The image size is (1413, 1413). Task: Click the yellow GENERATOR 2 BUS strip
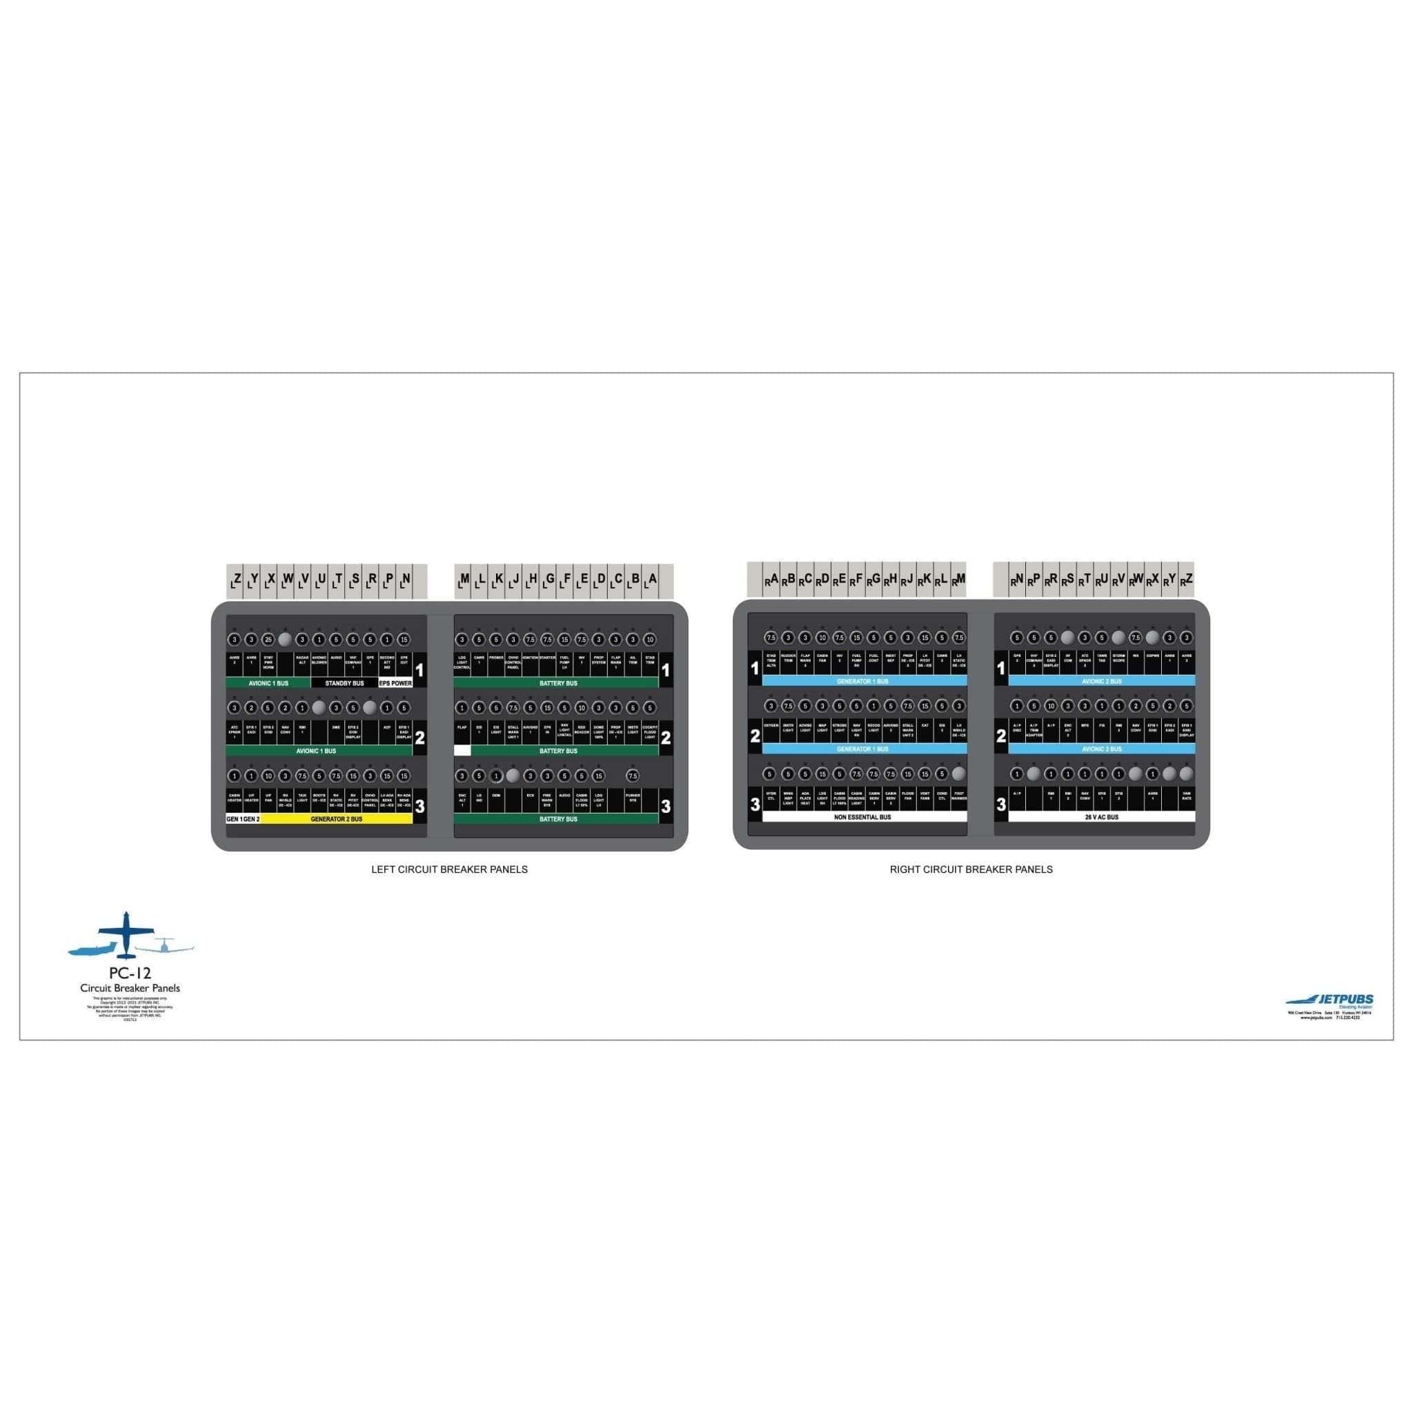[336, 819]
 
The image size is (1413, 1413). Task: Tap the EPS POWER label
[395, 683]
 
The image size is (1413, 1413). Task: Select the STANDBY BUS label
[344, 683]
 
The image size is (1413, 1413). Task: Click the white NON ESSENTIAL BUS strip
[863, 817]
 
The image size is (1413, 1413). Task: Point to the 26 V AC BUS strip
[1101, 817]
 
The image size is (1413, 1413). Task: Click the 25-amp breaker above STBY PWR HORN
[268, 639]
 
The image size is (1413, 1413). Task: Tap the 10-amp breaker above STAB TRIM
[649, 639]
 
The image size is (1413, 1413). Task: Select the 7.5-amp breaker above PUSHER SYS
[633, 775]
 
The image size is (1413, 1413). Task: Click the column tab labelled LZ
[235, 581]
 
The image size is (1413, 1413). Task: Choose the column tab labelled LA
[650, 581]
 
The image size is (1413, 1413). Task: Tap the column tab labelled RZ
[1186, 580]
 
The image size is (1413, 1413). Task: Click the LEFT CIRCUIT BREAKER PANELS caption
[449, 869]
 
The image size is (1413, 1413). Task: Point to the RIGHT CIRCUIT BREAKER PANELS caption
[971, 869]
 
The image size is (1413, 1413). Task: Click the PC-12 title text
[130, 974]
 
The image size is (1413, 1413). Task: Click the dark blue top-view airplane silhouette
[126, 934]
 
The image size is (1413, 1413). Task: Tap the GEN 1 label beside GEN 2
[234, 819]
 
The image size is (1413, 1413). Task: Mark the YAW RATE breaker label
[1186, 795]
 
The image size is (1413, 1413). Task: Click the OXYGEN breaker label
[771, 727]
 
